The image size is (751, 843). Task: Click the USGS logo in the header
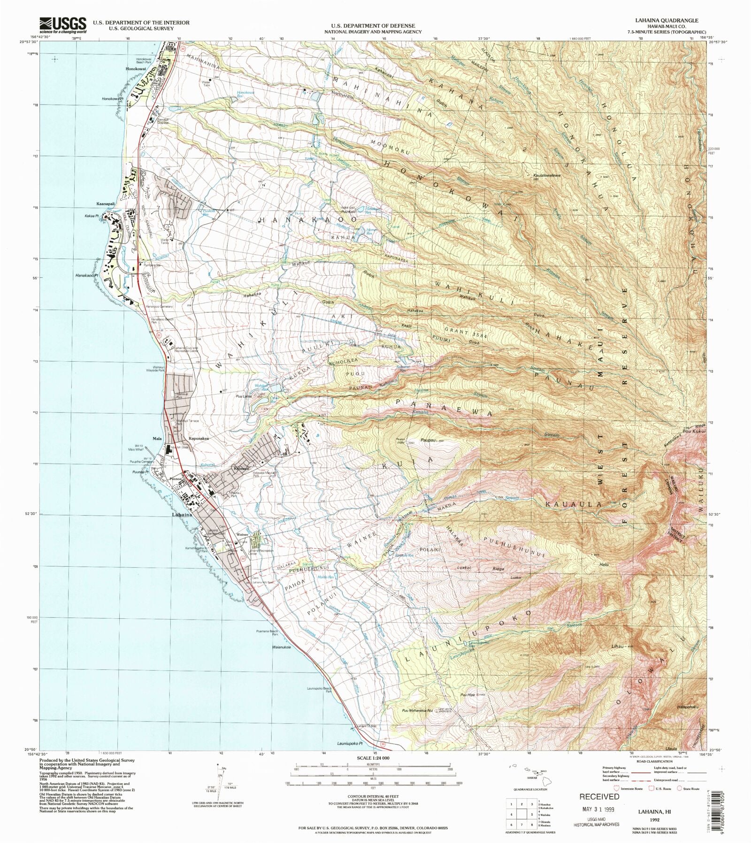point(62,25)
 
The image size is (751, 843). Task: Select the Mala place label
point(157,439)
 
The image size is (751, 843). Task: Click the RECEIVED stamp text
point(599,796)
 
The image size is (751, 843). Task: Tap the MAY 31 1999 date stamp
point(598,809)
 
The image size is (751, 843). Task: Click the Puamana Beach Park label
point(269,633)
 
